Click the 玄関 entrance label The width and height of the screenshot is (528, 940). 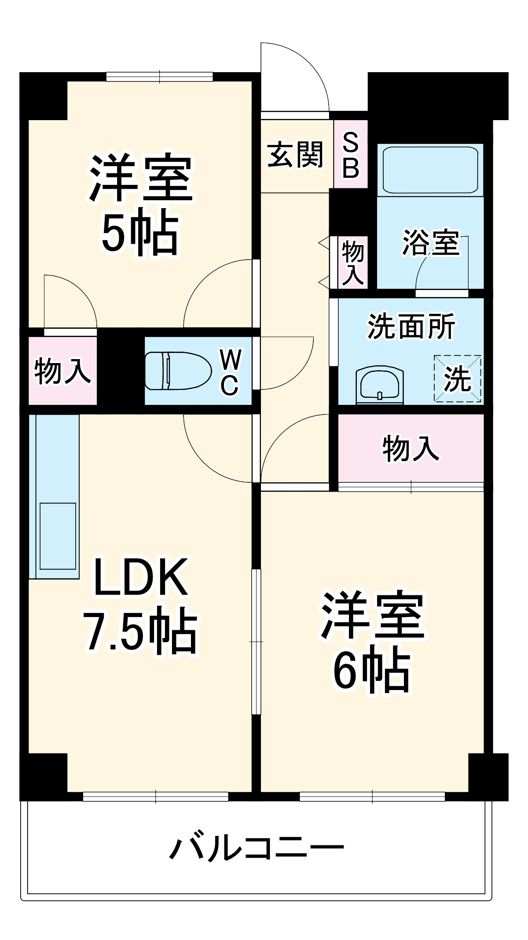[x=296, y=154]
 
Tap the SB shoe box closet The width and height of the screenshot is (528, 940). [x=351, y=155]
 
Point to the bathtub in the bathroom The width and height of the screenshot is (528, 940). [x=430, y=169]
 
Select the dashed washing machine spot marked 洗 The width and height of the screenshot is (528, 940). [x=457, y=378]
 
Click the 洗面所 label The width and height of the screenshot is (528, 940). [x=411, y=327]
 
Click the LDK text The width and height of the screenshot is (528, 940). [x=140, y=577]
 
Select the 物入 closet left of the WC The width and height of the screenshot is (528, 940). [x=62, y=371]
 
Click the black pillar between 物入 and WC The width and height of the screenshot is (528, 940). [x=121, y=371]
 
